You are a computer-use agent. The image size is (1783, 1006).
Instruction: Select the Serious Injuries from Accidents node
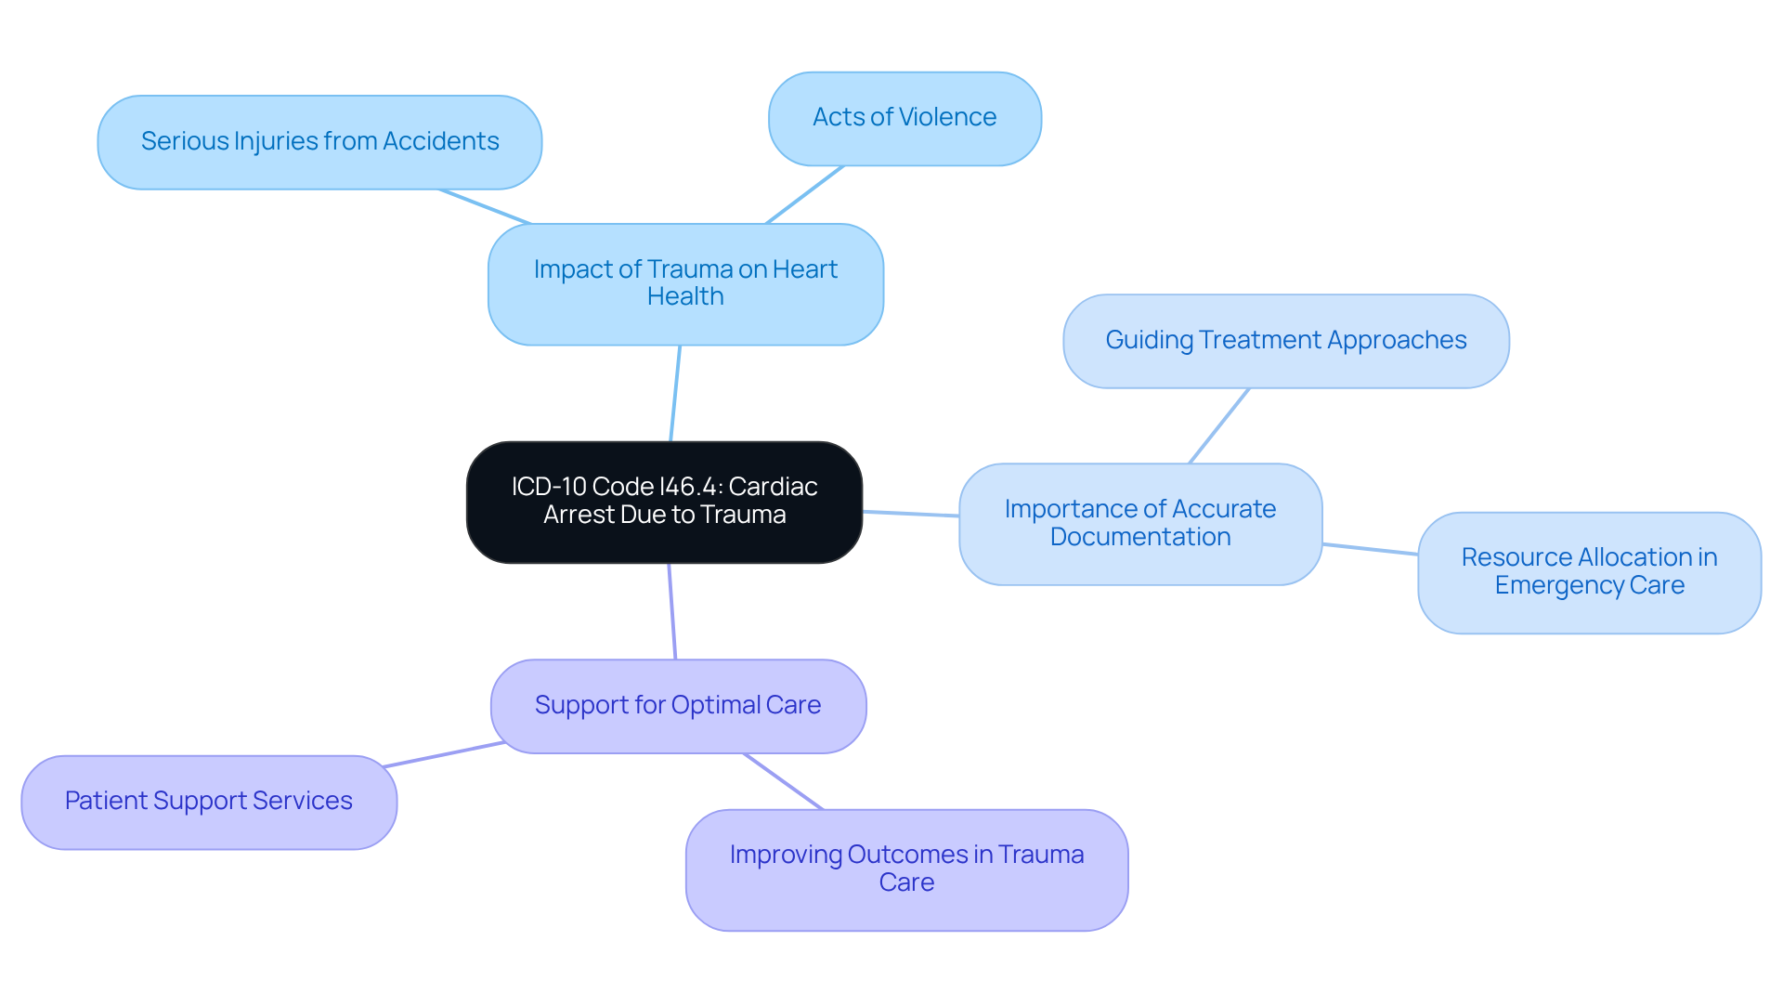319,142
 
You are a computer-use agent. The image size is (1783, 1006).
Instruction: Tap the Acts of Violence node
905,118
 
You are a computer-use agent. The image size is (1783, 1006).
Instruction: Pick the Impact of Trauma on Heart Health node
685,283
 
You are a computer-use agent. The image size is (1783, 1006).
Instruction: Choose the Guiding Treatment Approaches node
1285,341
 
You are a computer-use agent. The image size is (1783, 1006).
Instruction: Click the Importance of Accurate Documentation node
1140,523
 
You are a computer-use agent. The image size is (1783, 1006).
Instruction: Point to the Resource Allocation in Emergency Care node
1589,571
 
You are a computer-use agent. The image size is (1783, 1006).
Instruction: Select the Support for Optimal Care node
678,706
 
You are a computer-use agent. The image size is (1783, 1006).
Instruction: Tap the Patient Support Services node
209,802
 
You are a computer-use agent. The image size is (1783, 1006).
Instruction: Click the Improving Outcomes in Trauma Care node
906,869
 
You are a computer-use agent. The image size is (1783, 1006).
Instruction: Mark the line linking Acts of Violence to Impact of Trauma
804,195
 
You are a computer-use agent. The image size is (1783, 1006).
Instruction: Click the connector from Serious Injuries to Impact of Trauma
485,206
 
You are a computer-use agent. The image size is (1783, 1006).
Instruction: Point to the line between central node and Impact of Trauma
675,394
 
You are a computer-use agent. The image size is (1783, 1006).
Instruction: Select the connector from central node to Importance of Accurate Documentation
910,513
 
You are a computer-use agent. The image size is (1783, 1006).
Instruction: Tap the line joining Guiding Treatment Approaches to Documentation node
1219,425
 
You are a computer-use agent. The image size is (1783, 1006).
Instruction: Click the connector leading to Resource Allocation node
1370,549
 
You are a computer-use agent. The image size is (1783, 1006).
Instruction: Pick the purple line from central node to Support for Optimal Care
672,611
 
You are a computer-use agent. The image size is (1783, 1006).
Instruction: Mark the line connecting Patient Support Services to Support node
444,754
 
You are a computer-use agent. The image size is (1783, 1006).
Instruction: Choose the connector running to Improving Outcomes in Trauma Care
783,781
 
